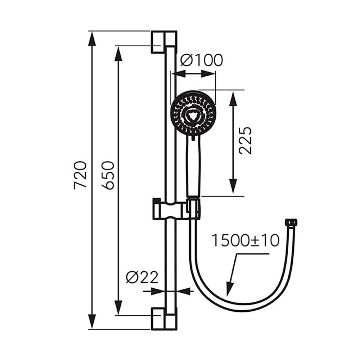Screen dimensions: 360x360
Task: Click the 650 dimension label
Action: click(107, 175)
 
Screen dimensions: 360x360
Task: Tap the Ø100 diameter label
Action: click(201, 60)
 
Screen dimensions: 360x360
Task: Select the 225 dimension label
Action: click(245, 140)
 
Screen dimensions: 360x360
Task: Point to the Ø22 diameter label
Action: click(142, 277)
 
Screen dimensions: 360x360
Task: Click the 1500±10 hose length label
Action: click(245, 240)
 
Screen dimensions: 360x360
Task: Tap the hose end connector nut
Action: click(291, 222)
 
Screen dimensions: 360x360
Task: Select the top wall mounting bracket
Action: click(164, 42)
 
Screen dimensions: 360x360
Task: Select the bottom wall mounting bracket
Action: click(164, 319)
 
